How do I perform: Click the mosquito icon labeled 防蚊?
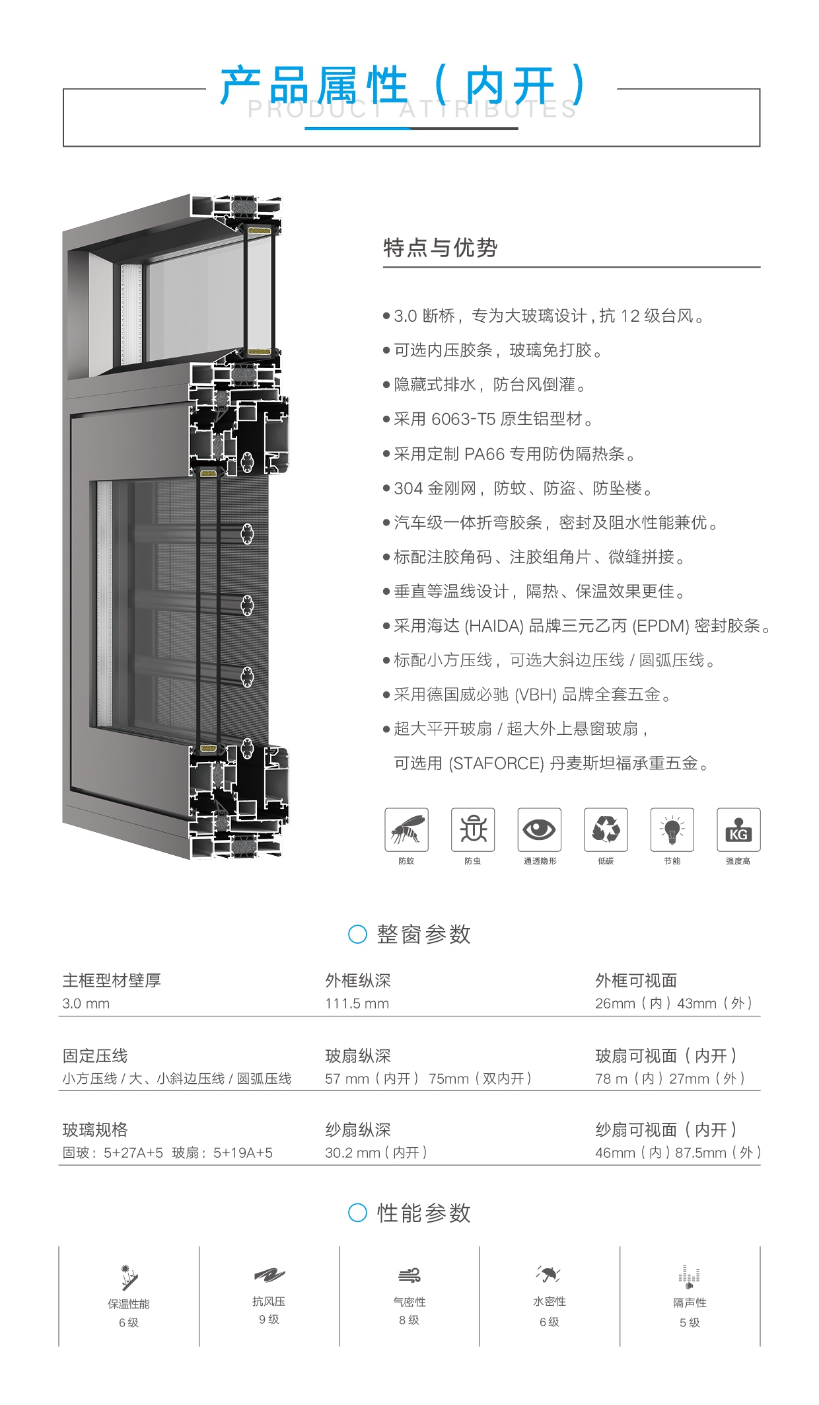[x=406, y=829]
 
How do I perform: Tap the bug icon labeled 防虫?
[x=473, y=829]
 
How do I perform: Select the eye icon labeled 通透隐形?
[x=540, y=829]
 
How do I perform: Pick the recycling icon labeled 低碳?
[x=606, y=829]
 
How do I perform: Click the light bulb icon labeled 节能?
[x=672, y=829]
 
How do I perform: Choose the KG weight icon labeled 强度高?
[x=738, y=829]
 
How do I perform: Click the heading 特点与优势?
[x=441, y=248]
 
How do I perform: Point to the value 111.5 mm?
[x=357, y=1003]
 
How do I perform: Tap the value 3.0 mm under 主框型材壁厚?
[x=86, y=1003]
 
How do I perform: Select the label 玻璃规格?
[x=95, y=1129]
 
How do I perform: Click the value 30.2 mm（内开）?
[x=376, y=1153]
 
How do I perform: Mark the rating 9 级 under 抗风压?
[x=269, y=1319]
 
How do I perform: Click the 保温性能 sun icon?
[x=129, y=1277]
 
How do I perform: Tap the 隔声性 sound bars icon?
[x=690, y=1277]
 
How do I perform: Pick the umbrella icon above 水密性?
[x=549, y=1273]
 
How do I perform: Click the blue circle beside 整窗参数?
[x=357, y=934]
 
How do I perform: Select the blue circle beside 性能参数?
[x=357, y=1213]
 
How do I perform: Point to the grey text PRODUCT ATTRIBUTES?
[x=412, y=110]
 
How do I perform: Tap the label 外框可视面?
[x=636, y=980]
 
